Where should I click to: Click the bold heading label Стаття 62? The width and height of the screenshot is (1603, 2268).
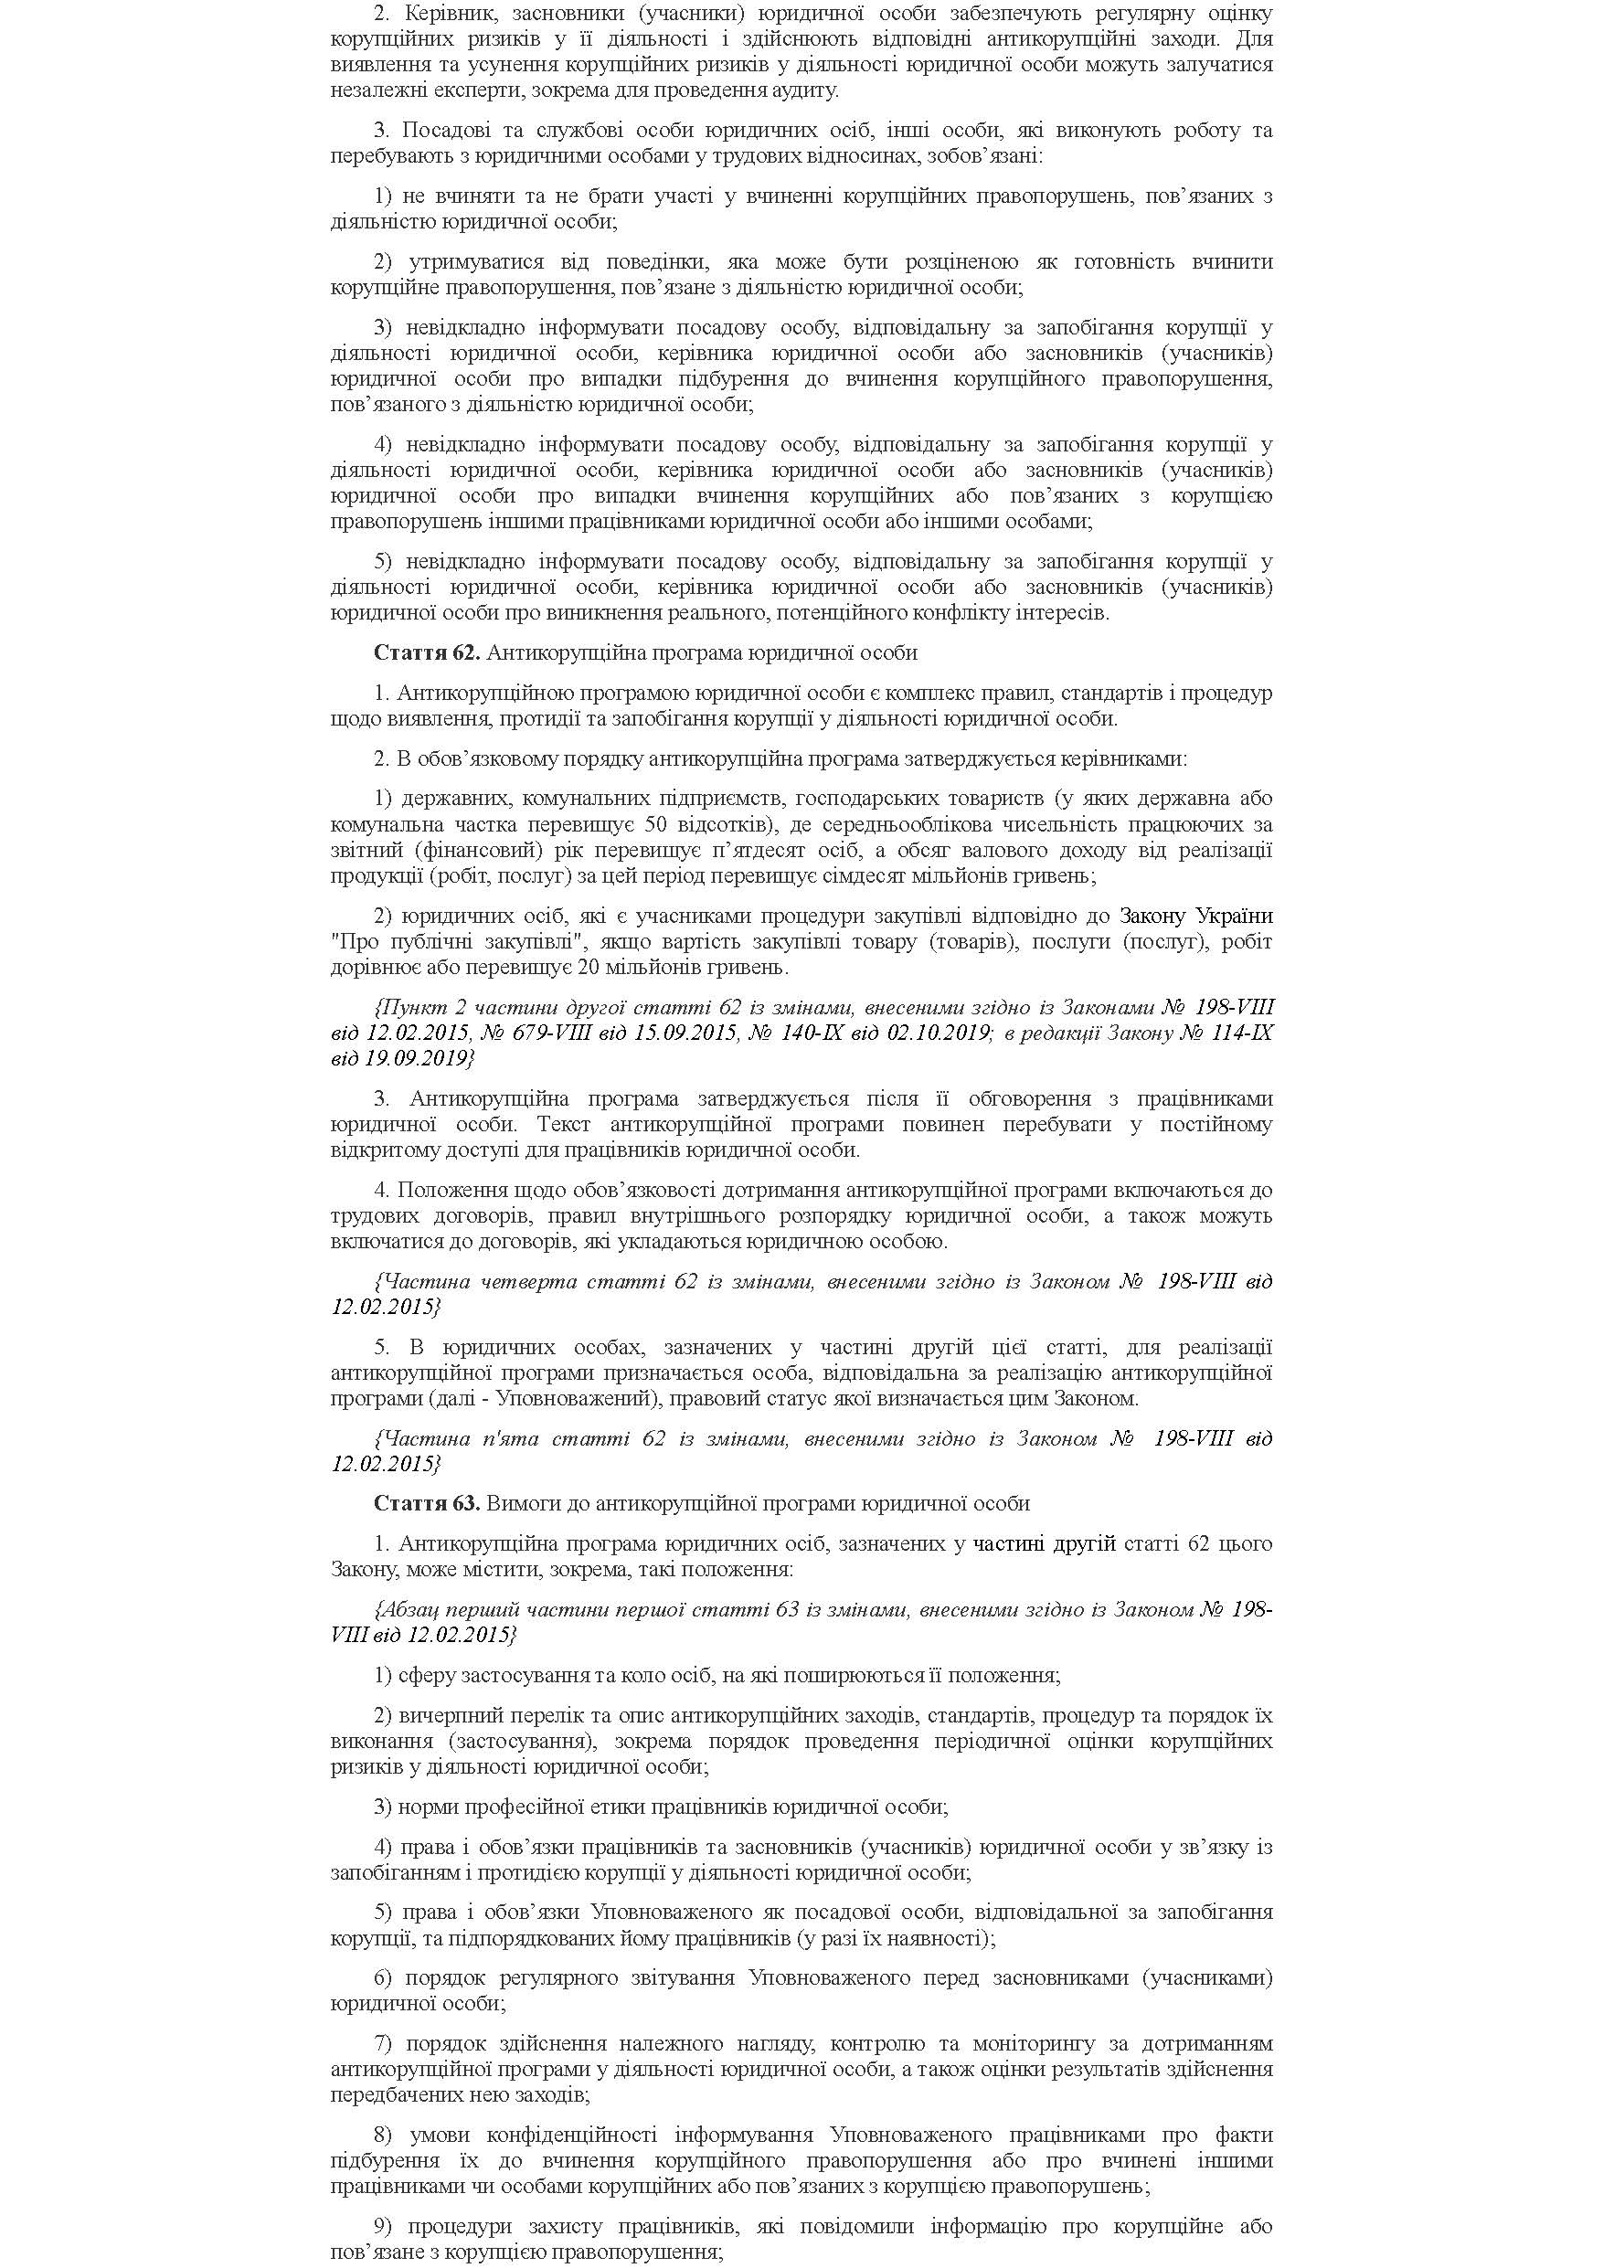pyautogui.click(x=427, y=653)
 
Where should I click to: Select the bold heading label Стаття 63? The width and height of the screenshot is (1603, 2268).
pyautogui.click(x=427, y=1503)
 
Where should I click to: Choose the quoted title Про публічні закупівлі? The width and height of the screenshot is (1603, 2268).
pyautogui.click(x=454, y=941)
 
